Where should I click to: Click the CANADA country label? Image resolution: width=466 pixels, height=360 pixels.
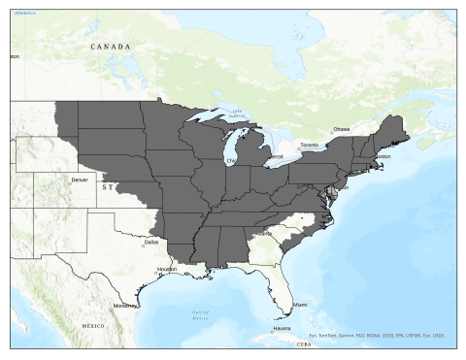tap(110, 46)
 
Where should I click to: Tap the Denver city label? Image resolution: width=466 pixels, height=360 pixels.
tap(80, 180)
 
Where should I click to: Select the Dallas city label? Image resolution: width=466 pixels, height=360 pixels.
tap(150, 242)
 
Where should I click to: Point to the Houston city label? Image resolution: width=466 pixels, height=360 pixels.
tap(167, 269)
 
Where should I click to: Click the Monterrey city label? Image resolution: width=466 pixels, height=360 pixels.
tap(125, 305)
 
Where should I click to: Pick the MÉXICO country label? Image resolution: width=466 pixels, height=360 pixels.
tap(94, 325)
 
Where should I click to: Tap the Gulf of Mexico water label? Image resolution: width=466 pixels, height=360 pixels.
tap(200, 313)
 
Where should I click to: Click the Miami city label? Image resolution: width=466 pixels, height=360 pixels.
tap(301, 305)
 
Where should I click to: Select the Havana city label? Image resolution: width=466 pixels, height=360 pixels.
tap(282, 328)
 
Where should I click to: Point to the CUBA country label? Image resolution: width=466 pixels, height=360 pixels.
tap(303, 344)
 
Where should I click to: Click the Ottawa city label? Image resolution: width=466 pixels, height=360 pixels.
tap(342, 128)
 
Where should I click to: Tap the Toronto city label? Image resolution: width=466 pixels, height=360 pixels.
tap(308, 145)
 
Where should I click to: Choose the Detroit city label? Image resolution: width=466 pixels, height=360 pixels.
tap(276, 156)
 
